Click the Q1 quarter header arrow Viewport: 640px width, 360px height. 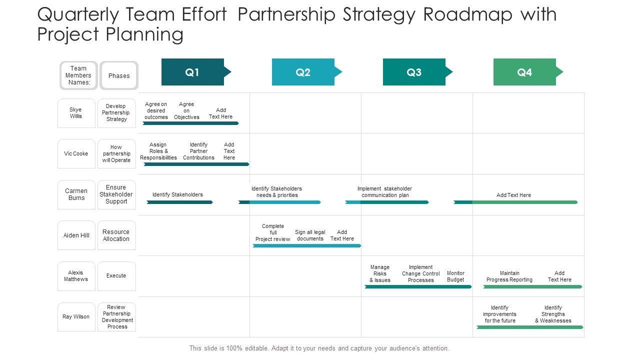[193, 72]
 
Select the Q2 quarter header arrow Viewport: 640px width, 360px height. [303, 72]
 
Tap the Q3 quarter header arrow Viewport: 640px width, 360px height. [414, 72]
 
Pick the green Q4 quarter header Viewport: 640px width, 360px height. [525, 72]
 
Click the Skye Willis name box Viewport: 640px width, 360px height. [76, 113]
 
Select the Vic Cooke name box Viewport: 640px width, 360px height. [76, 153]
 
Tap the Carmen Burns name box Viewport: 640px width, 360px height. [76, 194]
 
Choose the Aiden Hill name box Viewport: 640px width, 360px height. [76, 235]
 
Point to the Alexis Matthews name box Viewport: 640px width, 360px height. [76, 276]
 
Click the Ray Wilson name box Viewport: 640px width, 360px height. [76, 316]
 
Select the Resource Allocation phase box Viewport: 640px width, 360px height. [116, 235]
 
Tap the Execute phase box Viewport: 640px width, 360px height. [116, 276]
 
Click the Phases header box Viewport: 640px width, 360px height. [119, 75]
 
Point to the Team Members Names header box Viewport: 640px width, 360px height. [78, 75]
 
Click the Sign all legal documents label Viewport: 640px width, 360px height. [310, 235]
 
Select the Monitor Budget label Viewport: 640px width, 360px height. [455, 276]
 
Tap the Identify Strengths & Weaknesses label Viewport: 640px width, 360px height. [553, 314]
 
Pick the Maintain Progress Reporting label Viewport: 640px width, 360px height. [509, 276]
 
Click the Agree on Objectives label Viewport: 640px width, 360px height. [186, 110]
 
